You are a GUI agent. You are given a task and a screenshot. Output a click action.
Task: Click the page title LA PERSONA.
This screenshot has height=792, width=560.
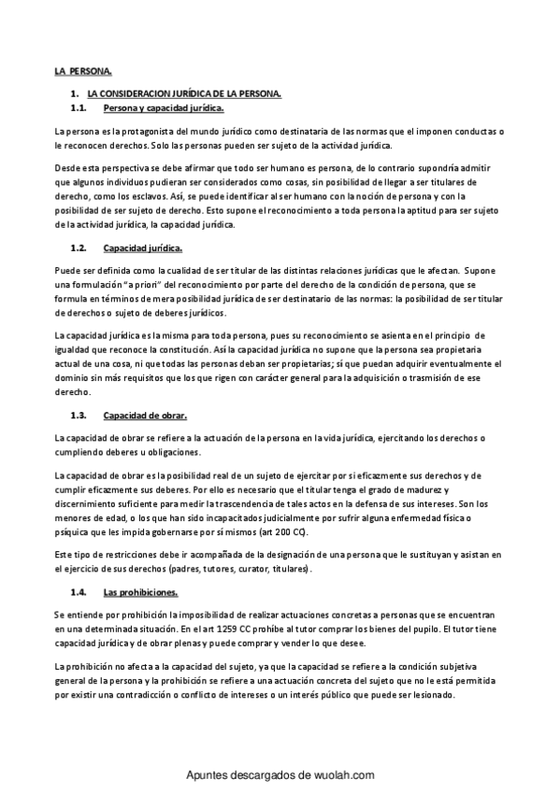(81, 71)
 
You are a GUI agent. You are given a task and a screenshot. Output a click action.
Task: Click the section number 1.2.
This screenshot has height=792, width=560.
(79, 248)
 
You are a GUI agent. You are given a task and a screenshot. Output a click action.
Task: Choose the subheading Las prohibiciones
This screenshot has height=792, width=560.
(140, 591)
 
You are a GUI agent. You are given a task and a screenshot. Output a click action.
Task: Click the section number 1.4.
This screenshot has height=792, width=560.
(79, 591)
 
